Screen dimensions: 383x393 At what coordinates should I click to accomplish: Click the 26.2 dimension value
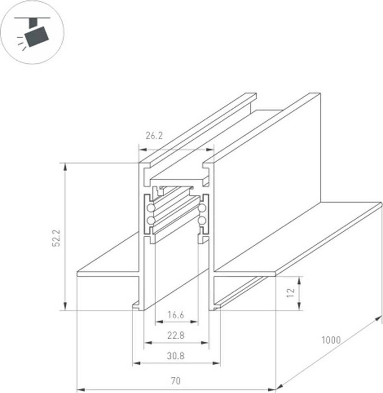pyautogui.click(x=154, y=136)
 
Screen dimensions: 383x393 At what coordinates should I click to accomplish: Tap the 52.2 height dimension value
pyautogui.click(x=56, y=238)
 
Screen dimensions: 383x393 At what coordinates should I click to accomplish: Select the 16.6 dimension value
pyautogui.click(x=176, y=315)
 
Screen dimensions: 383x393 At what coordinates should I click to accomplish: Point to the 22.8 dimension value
pyautogui.click(x=176, y=335)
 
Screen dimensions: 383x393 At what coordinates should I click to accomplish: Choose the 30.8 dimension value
pyautogui.click(x=176, y=355)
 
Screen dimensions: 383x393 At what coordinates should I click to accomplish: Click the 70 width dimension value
pyautogui.click(x=176, y=381)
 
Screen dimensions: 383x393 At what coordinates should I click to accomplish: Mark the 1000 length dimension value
pyautogui.click(x=331, y=340)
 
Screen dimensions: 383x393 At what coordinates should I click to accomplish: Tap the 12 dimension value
pyautogui.click(x=291, y=292)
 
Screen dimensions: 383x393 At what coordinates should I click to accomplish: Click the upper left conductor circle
pyautogui.click(x=151, y=208)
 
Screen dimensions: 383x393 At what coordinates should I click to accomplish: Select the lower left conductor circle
pyautogui.click(x=151, y=220)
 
